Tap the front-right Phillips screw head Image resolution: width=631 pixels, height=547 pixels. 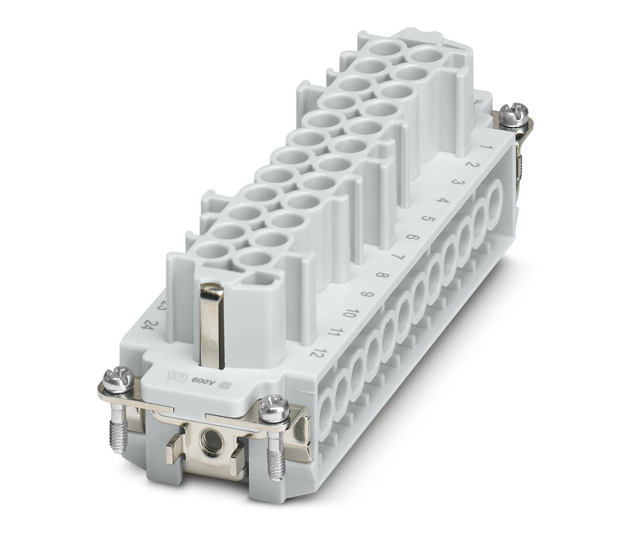[x=271, y=406]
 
